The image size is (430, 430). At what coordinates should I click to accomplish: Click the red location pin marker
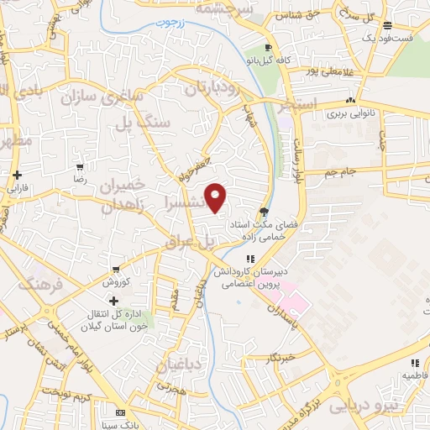coord(216,197)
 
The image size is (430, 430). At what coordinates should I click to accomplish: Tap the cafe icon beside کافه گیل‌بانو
coord(269,47)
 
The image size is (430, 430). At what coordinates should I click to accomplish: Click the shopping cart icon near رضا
coord(80,167)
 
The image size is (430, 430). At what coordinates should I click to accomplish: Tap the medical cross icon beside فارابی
coord(18,175)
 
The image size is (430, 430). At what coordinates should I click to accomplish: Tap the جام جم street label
coord(342,171)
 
